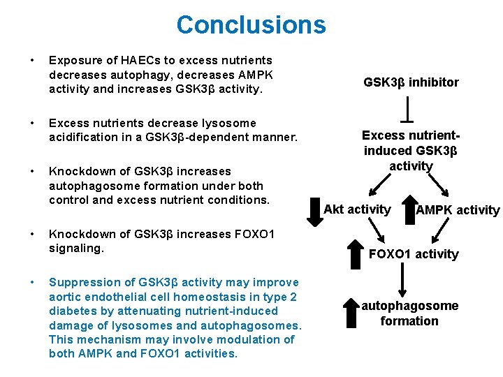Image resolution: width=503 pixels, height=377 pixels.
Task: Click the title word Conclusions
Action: pyautogui.click(x=251, y=25)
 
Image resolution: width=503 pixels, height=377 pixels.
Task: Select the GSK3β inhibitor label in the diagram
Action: pyautogui.click(x=411, y=82)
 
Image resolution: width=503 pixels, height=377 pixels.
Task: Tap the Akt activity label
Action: pyautogui.click(x=357, y=209)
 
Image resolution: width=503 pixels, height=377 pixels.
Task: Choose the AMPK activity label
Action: pyautogui.click(x=458, y=210)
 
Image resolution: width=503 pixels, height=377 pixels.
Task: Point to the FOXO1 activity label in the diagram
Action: pyautogui.click(x=414, y=254)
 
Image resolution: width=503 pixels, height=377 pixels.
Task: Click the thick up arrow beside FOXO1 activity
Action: pyautogui.click(x=356, y=252)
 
